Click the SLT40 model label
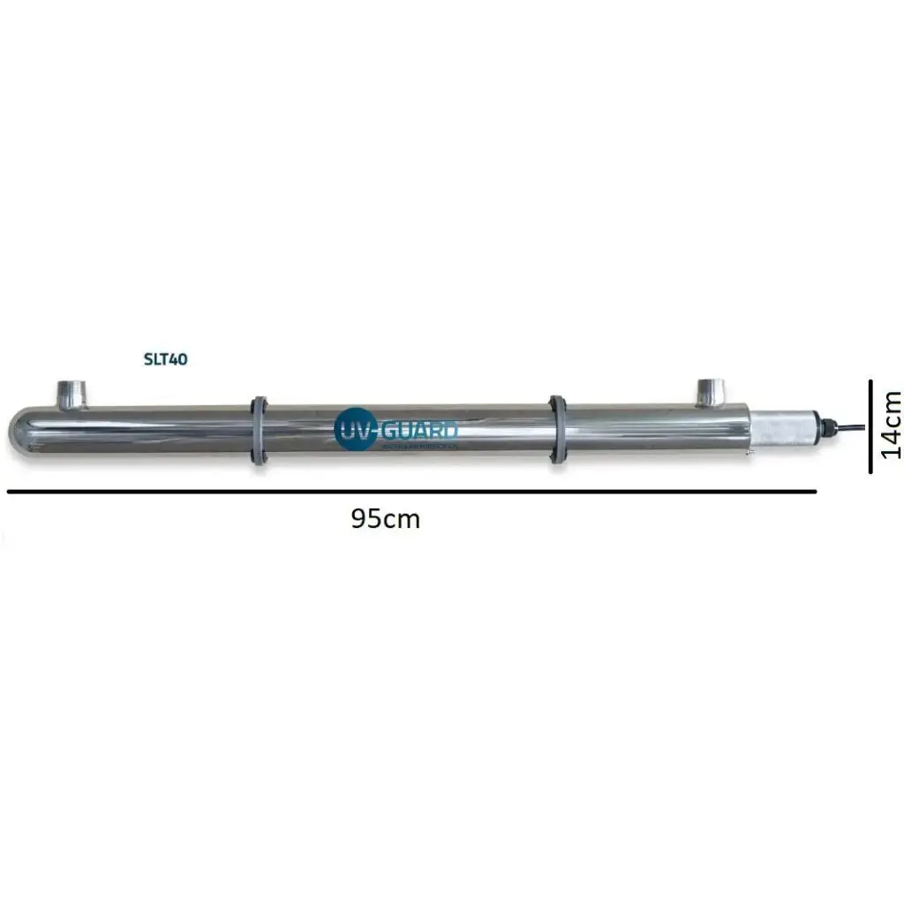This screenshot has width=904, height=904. (166, 359)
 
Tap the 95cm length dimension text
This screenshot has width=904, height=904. (386, 519)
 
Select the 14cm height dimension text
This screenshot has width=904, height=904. (892, 425)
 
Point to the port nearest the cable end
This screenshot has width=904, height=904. (711, 392)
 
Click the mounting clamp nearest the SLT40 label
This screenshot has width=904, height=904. (259, 431)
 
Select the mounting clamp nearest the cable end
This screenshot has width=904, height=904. (558, 429)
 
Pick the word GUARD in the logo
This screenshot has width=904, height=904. (418, 431)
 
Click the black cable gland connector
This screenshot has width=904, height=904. (825, 428)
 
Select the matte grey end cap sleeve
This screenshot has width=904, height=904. (782, 430)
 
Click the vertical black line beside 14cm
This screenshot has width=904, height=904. (870, 426)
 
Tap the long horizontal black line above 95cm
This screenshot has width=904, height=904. (411, 490)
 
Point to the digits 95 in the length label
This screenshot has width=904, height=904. (365, 519)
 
